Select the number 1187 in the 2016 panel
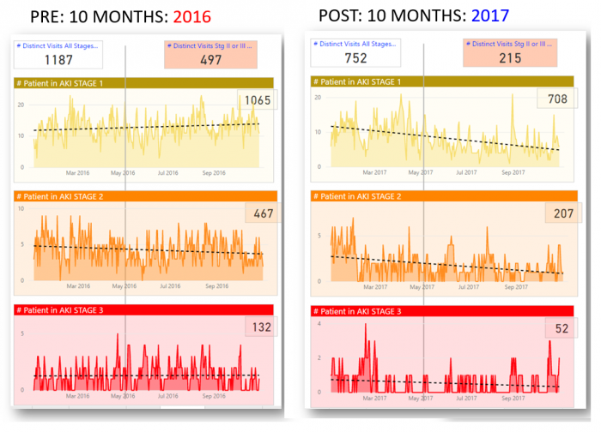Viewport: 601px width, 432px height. click(x=58, y=59)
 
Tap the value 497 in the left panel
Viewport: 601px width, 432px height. click(x=210, y=59)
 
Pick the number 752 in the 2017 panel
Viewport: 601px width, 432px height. click(x=355, y=57)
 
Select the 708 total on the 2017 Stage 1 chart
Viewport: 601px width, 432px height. click(x=555, y=99)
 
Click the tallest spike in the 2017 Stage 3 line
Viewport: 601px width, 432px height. click(x=366, y=325)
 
